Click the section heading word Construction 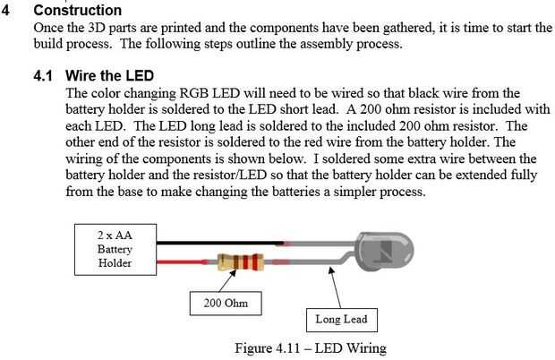(78, 10)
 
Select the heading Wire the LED (109, 76)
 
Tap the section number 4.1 (43, 76)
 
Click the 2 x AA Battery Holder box (115, 250)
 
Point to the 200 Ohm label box (226, 304)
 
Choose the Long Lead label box (342, 320)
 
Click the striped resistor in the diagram (240, 262)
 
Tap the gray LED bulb (385, 251)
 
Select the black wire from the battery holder (220, 244)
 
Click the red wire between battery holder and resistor (182, 262)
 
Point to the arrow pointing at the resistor (227, 281)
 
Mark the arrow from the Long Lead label (335, 287)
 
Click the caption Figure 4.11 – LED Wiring (311, 348)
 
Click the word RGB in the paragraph (194, 93)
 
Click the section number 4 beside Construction (5, 10)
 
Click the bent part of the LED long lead (346, 258)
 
